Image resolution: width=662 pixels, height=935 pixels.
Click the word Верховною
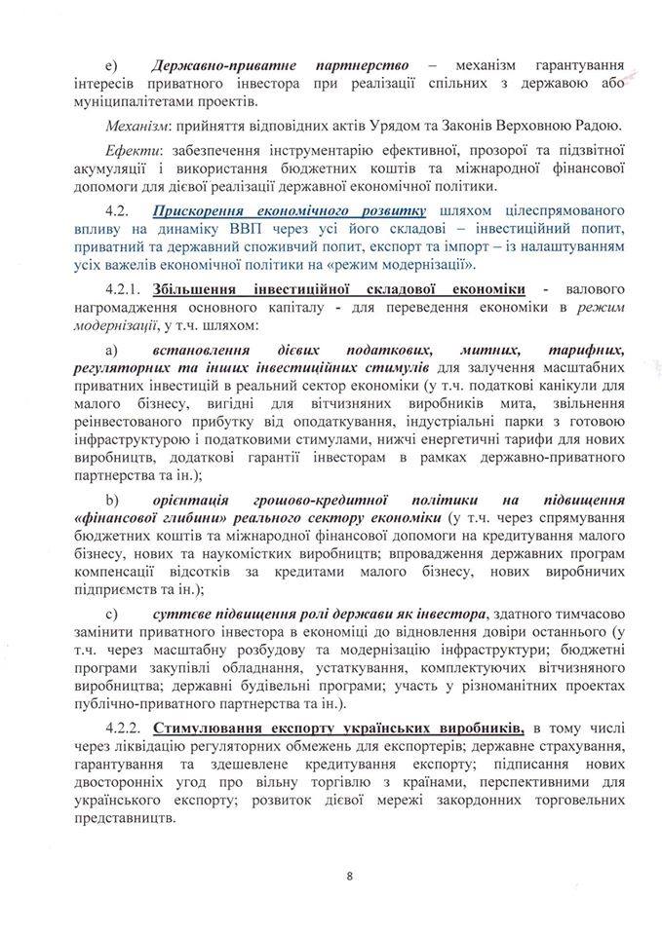pos(534,126)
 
